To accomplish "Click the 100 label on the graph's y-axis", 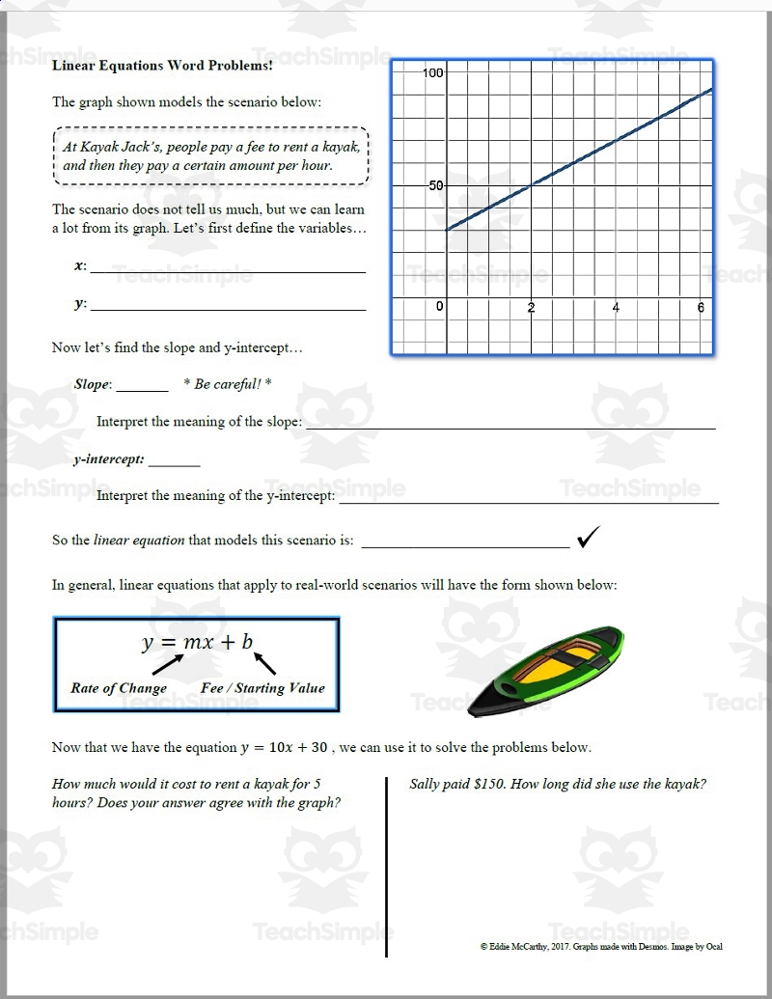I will click(x=432, y=73).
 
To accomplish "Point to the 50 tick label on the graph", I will click(x=435, y=185).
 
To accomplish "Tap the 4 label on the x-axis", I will click(x=616, y=307).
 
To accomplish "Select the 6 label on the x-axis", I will click(x=701, y=307).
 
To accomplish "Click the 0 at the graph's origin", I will click(x=440, y=307).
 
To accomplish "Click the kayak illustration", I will click(x=545, y=671).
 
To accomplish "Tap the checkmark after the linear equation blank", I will click(x=589, y=539).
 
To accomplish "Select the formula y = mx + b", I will click(x=197, y=642).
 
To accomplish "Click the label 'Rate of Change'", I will click(x=119, y=688).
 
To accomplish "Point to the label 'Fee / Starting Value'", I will click(x=262, y=688).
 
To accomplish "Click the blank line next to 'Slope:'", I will click(x=142, y=389).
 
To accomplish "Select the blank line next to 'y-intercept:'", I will click(x=174, y=464).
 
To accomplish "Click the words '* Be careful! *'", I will click(x=227, y=384).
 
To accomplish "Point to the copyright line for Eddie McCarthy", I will click(x=600, y=947).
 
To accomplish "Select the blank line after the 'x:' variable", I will click(x=228, y=271).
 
